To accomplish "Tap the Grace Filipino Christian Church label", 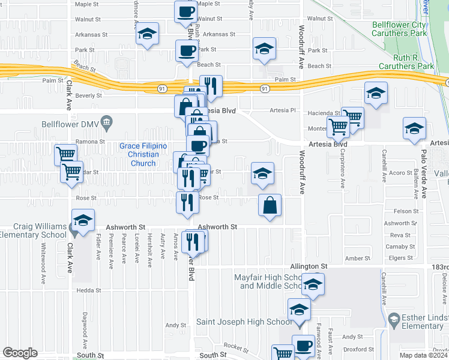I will [x=143, y=155].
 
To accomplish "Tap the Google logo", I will [x=20, y=353].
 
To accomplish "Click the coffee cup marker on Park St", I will [x=186, y=50].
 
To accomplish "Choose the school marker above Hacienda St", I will [x=376, y=93].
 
